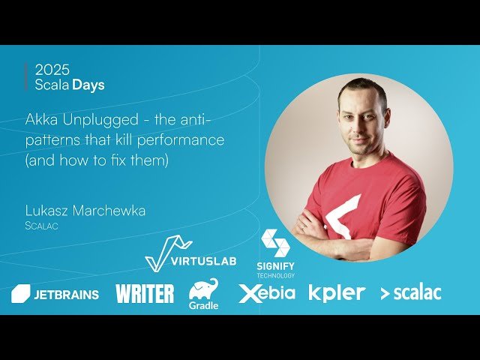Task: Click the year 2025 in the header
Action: click(52, 70)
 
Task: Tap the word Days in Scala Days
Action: click(88, 85)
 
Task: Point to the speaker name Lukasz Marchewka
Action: click(85, 211)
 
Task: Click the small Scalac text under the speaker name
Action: click(43, 225)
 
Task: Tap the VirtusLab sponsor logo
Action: click(190, 254)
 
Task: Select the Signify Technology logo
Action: click(276, 254)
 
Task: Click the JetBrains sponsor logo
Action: click(55, 294)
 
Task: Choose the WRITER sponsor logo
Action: click(145, 293)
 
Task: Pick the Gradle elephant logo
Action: click(203, 293)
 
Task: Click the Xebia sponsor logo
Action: click(267, 293)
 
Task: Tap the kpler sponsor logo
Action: click(337, 292)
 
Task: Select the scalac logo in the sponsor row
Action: click(410, 293)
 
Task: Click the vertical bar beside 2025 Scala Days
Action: click(27, 77)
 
